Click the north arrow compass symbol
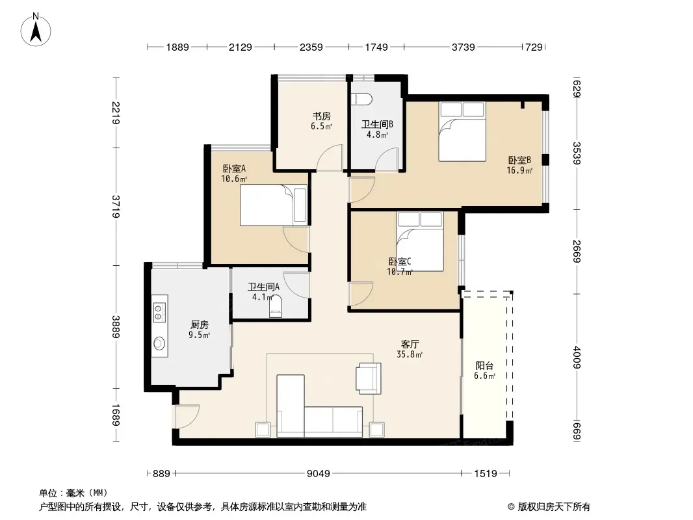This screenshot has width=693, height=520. coord(36,30)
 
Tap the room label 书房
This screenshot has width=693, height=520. coord(321,116)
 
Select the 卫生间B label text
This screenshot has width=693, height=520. coord(377,125)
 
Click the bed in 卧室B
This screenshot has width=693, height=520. coord(462,132)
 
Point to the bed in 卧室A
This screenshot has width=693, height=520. coord(274,205)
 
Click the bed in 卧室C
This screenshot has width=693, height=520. coord(420,241)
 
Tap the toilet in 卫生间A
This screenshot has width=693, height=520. coord(276,306)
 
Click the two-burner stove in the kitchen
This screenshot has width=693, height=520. coord(159,312)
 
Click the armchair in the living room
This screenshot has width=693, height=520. coord(369,378)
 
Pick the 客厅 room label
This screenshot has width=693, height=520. coord(410,344)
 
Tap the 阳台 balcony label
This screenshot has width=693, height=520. coord(484,366)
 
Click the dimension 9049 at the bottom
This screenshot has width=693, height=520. coord(318,474)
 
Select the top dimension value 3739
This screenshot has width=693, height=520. coord(463,47)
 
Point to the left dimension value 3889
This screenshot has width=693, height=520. coord(116,326)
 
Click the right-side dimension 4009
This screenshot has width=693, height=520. coord(577,357)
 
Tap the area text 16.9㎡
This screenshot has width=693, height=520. coord(519,170)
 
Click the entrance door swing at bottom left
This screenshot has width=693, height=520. coord(187,416)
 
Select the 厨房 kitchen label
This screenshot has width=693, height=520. coord(199,325)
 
